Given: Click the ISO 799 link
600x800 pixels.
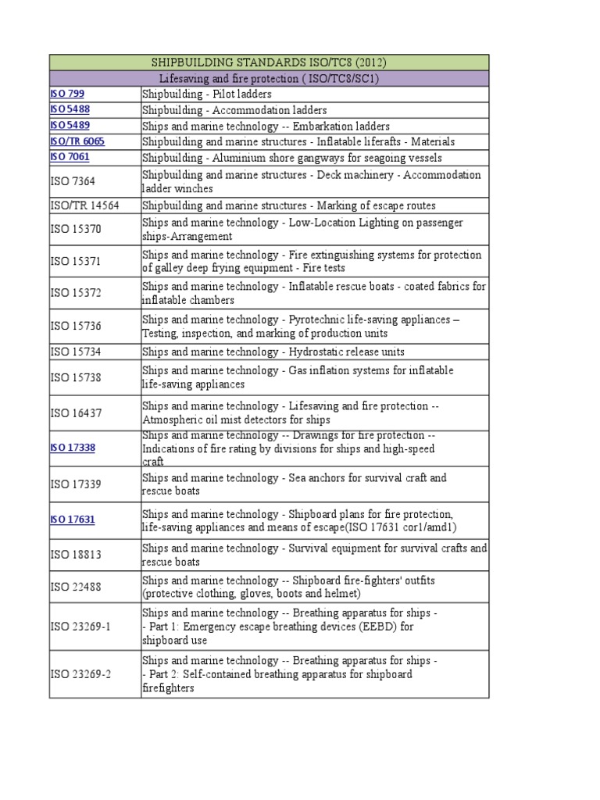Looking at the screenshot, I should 67,94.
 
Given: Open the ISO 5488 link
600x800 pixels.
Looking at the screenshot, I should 70,110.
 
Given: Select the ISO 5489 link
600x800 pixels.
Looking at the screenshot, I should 70,126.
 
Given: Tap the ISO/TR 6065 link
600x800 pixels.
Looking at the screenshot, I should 77,141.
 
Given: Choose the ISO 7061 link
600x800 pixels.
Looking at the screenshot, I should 70,157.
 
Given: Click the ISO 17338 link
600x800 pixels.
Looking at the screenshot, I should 73,448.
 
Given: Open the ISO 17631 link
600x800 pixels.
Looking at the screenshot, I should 73,519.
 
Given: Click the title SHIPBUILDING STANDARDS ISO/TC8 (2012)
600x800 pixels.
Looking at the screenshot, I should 269,62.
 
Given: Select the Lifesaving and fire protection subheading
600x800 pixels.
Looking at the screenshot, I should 269,78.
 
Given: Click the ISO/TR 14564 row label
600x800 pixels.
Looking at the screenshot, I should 84,205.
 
